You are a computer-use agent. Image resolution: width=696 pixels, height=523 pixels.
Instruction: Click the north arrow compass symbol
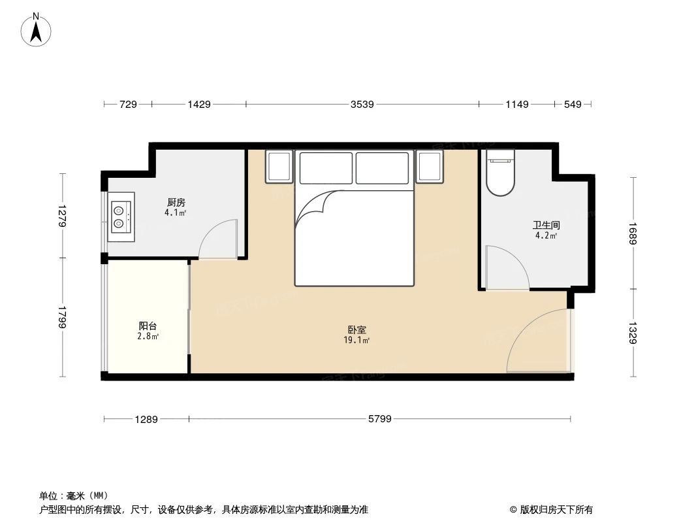point(37,30)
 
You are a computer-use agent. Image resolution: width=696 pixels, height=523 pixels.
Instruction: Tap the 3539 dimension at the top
point(362,104)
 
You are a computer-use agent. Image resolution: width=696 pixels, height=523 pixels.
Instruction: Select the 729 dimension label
point(128,104)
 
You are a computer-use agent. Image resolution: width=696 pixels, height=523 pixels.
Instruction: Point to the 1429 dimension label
point(198,104)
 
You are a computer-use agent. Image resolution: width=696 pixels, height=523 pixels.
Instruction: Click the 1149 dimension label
point(516,104)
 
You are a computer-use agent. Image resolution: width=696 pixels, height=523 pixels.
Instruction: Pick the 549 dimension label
point(573,104)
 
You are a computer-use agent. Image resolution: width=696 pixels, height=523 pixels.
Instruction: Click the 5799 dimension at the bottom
point(379,419)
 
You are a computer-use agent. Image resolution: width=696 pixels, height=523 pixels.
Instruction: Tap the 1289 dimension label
point(146,419)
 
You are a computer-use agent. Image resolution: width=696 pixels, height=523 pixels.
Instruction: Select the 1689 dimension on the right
point(632,233)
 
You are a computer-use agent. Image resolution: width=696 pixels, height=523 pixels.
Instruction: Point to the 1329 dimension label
point(632,333)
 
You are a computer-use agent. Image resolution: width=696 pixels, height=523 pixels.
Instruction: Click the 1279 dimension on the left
point(62,216)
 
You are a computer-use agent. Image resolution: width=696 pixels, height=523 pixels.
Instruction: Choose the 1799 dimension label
point(62,317)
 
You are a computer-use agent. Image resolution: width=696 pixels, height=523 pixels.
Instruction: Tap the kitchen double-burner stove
point(121,216)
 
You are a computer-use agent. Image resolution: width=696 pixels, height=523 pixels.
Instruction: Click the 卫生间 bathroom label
point(546,226)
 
